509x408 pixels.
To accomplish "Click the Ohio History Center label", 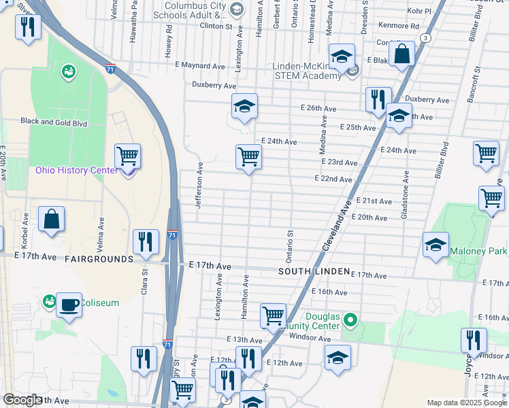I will (76, 169).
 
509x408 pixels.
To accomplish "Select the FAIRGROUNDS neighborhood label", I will (99, 259).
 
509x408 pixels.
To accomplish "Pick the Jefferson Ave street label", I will (199, 185).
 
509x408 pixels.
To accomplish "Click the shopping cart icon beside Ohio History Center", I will (127, 156).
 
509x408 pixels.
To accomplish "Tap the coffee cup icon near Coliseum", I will (69, 304).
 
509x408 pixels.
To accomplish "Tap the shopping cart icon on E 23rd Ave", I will (249, 157).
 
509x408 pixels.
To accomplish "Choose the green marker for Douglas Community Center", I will (350, 318).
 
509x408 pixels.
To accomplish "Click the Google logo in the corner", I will (22, 400).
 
